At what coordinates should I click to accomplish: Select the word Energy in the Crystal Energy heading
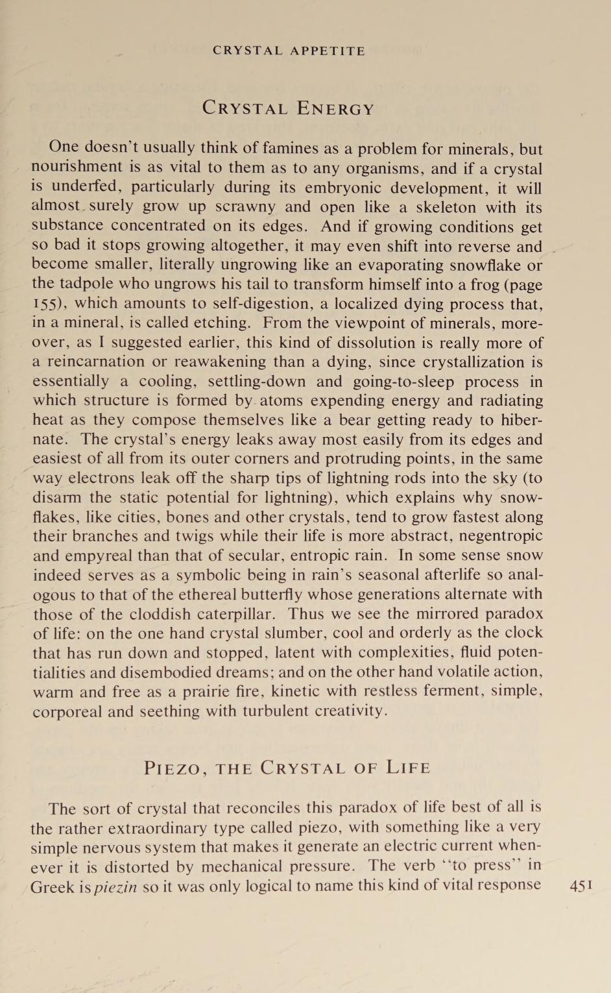pos(335,108)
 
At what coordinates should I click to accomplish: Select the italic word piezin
pos(115,887)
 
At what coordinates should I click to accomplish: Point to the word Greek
pos(52,887)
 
